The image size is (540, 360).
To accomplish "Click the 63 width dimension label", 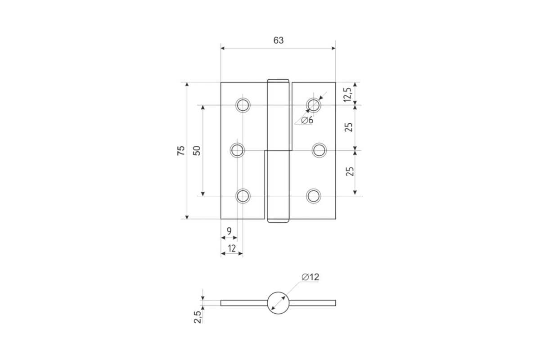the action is (x=279, y=40).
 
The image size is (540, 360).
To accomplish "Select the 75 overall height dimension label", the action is (x=181, y=150).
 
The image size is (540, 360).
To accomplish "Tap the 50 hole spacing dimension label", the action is (x=197, y=151).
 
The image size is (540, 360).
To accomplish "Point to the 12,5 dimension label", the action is (x=347, y=94).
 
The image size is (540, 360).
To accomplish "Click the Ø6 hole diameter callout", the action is (x=307, y=120).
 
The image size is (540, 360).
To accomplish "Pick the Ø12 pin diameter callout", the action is (x=310, y=277).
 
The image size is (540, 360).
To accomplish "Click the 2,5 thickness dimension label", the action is (x=198, y=317).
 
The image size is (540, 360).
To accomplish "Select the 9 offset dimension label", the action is (x=229, y=231).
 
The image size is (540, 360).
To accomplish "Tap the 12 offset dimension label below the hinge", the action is (x=232, y=248).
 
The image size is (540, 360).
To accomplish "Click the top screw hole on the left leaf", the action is (x=243, y=105).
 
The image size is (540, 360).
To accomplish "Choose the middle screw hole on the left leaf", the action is (x=237, y=150).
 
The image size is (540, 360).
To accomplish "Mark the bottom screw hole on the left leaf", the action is (x=243, y=196).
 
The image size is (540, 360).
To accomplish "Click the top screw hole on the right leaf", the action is (x=313, y=105).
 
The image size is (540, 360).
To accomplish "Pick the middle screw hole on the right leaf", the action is (x=319, y=150).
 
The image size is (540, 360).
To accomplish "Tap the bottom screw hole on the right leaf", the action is (x=313, y=196).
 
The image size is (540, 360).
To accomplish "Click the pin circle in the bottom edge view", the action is (x=278, y=292).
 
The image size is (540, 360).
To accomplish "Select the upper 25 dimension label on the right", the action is (x=349, y=127).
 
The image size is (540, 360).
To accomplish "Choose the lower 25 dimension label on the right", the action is (x=350, y=171).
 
